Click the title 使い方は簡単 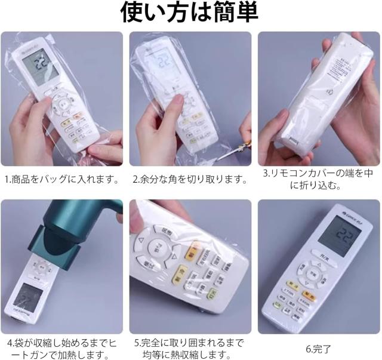(x=190, y=13)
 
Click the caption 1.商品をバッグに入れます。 (x=61, y=179)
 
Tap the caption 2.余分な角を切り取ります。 (x=190, y=179)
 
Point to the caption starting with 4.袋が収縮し (x=61, y=349)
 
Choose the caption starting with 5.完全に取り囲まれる (x=190, y=349)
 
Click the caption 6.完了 (x=319, y=349)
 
